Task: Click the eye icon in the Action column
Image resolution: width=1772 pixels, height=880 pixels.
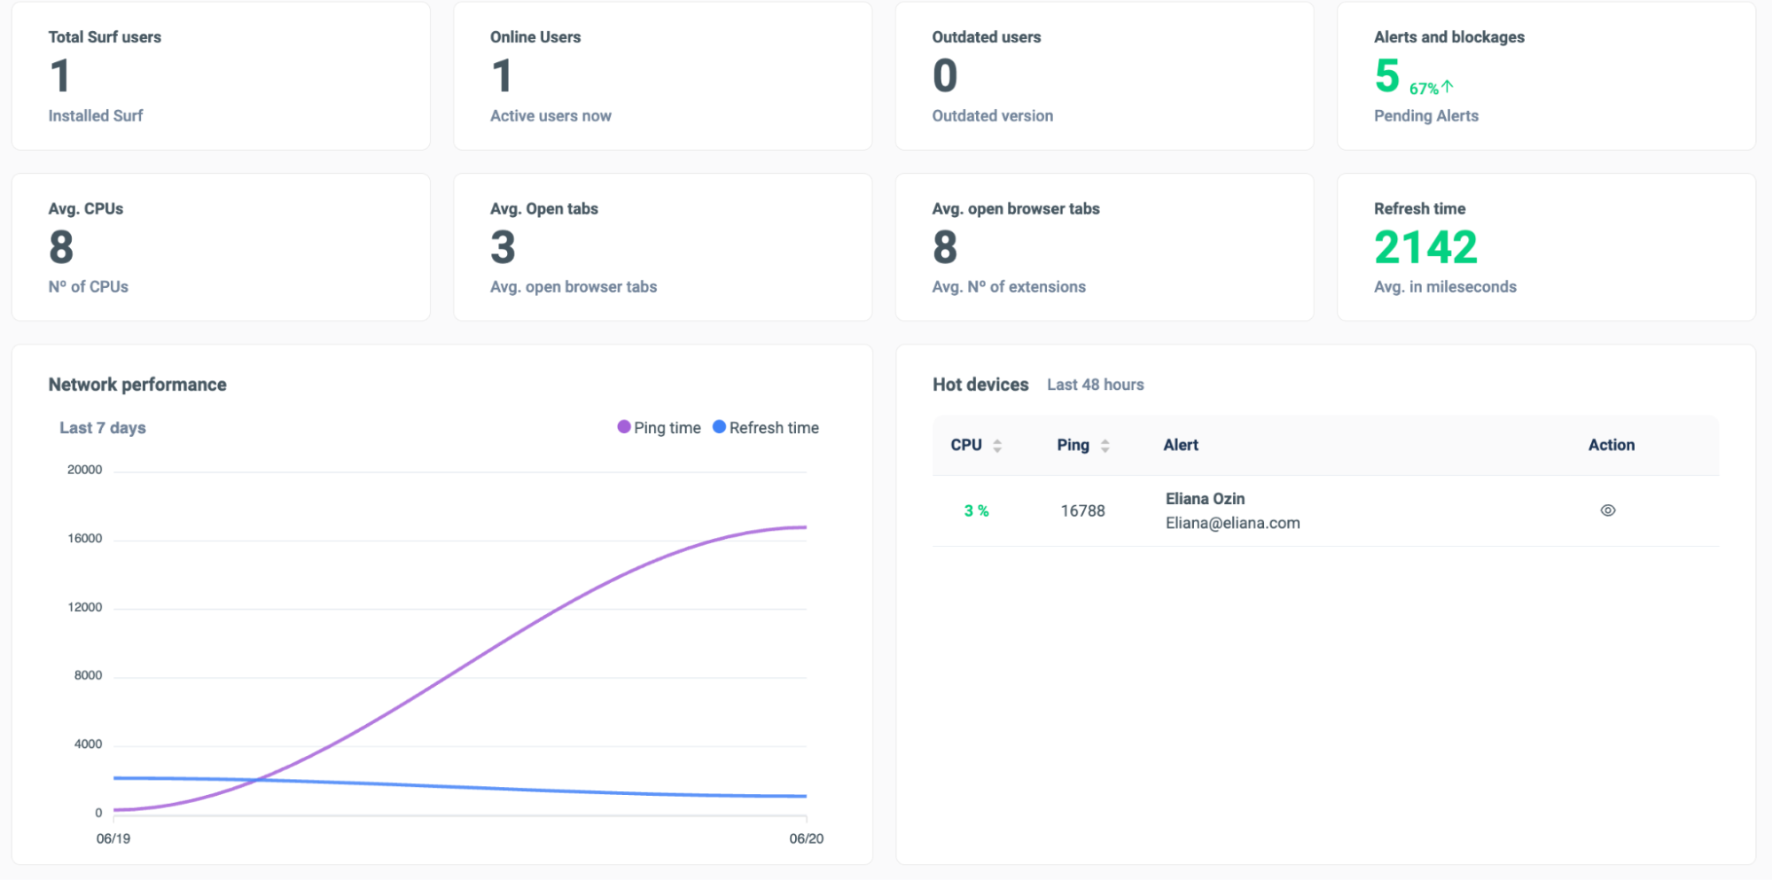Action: [1607, 510]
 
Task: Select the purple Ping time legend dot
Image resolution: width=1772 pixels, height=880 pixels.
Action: [624, 427]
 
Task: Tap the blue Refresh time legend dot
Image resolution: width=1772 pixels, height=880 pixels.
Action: [720, 427]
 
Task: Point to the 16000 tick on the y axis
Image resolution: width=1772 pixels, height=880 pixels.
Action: [85, 539]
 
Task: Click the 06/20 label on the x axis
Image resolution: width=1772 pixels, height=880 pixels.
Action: [807, 838]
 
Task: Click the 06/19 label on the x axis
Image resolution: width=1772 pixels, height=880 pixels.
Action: [113, 838]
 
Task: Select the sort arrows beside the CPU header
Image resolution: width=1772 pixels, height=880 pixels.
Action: [997, 446]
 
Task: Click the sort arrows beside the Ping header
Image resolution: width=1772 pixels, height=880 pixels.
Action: [1105, 446]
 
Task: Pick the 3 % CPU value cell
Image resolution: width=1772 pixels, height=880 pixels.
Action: [976, 511]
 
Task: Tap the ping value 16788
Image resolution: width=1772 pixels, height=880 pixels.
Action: [1082, 511]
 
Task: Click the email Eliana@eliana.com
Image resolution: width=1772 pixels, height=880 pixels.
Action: [1232, 523]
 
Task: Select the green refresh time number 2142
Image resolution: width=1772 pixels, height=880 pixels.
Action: [1425, 247]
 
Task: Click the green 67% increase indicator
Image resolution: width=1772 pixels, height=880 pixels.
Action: [1432, 88]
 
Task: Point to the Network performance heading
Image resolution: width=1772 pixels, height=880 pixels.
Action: [137, 385]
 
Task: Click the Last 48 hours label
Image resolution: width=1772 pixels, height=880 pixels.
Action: [1096, 385]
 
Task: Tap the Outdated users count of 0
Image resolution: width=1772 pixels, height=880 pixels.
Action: [945, 75]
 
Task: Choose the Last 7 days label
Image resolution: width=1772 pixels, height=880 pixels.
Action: [103, 428]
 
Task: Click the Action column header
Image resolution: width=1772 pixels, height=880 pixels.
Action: [1612, 445]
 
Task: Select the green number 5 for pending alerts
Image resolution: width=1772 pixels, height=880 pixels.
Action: [1386, 75]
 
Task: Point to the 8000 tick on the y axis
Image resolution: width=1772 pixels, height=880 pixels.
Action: [88, 675]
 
